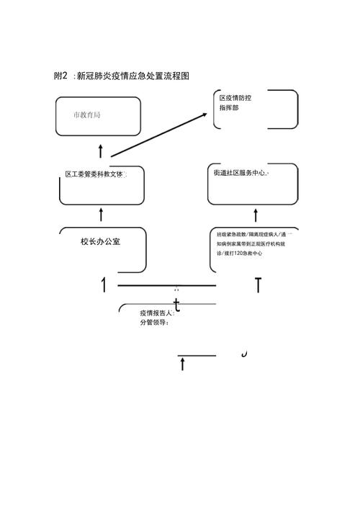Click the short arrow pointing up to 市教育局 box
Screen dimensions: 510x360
pos(100,150)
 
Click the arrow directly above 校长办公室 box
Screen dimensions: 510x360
pos(101,214)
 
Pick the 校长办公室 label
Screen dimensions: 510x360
pos(101,241)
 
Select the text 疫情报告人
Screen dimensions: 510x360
pos(157,313)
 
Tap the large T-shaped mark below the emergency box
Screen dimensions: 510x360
pos(258,285)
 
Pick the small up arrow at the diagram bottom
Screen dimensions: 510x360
pos(182,364)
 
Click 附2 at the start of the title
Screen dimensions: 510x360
pos(61,76)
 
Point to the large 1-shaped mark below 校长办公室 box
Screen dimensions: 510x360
pos(105,285)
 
